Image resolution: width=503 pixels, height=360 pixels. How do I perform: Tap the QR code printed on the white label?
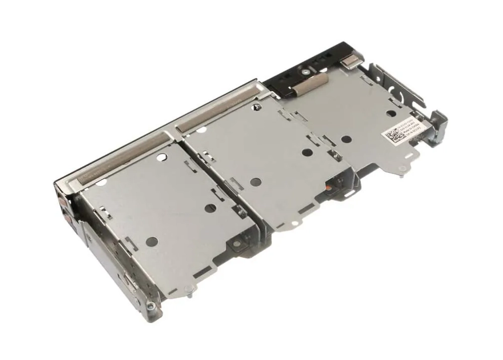click(x=391, y=135)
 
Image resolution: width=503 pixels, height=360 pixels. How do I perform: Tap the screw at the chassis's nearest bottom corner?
click(x=150, y=306)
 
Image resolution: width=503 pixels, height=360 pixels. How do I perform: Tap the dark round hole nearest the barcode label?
click(x=346, y=139)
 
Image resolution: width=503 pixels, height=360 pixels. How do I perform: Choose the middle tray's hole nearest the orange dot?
click(x=305, y=152)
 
